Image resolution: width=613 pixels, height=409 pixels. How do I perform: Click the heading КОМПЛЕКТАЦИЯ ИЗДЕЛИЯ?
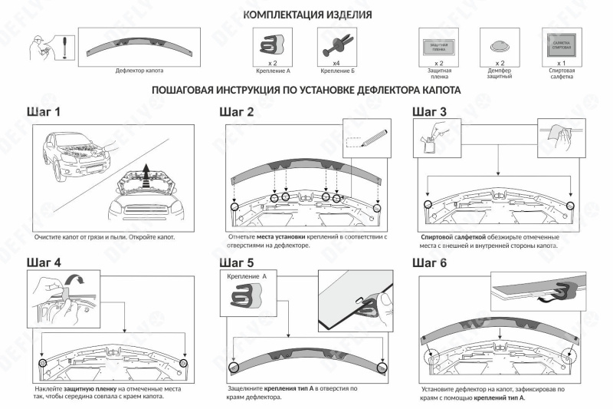(307, 15)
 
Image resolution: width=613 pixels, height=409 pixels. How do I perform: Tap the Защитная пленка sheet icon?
(438, 45)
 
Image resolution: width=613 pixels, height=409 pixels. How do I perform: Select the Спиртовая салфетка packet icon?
(562, 43)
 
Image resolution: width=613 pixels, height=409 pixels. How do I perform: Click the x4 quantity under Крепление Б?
(336, 63)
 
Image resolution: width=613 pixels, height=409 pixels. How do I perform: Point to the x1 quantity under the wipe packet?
(562, 63)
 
